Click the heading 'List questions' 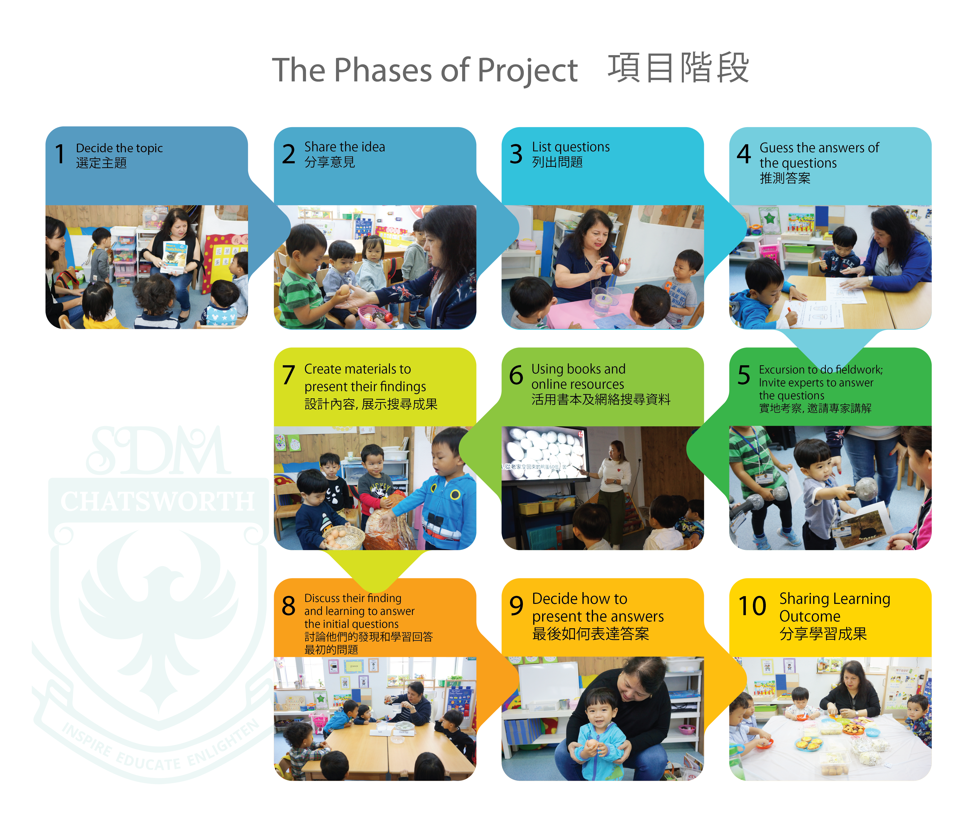[571, 147]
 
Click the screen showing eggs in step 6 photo [543, 453]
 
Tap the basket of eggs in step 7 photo [343, 537]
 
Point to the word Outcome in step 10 [809, 616]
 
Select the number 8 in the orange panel [289, 606]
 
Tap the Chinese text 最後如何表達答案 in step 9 [590, 634]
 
